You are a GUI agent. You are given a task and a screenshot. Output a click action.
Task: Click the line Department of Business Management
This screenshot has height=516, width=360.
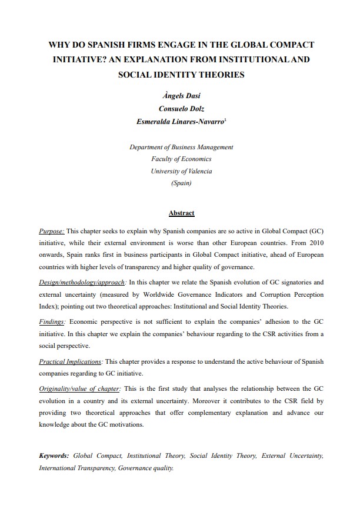[181, 147]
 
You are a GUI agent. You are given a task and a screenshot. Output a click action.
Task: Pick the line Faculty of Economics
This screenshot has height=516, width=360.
[181, 159]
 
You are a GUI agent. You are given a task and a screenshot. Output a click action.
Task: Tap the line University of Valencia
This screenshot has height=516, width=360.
[181, 171]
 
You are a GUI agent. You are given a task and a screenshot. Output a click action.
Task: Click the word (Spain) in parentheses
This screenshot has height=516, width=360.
[181, 183]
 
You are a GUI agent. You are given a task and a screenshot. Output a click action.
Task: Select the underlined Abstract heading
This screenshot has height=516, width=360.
[181, 213]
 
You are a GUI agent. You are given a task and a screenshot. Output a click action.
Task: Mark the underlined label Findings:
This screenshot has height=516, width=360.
[52, 322]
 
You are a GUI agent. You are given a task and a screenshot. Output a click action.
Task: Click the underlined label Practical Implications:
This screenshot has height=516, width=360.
[71, 361]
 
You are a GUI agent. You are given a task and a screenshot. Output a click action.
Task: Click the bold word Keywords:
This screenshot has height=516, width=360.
[54, 455]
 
